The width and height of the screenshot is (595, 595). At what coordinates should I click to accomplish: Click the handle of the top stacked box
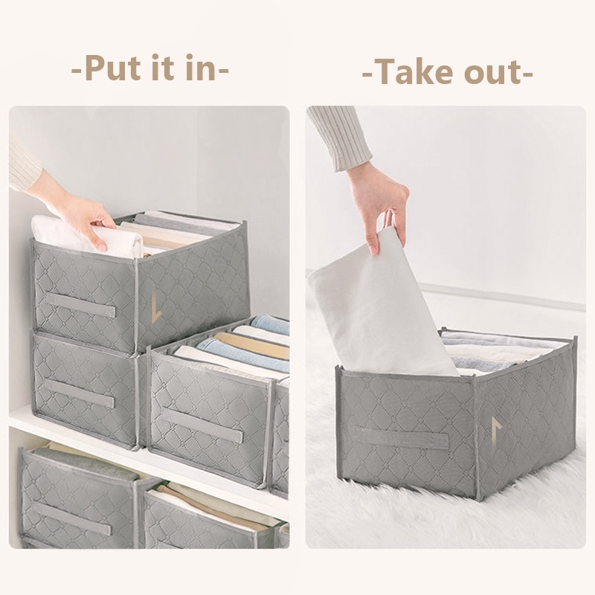pyautogui.click(x=81, y=306)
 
